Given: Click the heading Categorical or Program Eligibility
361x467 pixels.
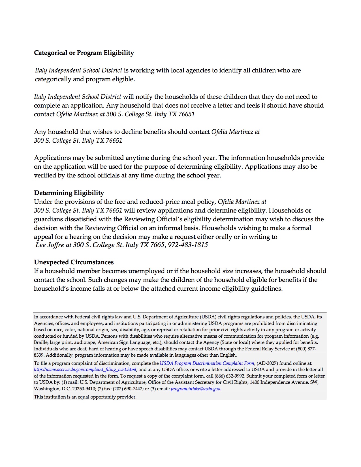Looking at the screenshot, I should click(84, 53).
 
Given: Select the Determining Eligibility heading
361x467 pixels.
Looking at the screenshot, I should click(69, 193).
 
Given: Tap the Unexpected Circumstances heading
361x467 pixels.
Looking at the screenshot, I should click(74, 262).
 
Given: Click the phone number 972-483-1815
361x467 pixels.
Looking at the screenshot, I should click(188, 245).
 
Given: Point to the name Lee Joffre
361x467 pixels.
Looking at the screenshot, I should click(50, 245).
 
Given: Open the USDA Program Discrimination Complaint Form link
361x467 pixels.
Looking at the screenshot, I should click(207, 363).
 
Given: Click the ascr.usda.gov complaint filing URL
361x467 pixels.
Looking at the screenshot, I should click(85, 370).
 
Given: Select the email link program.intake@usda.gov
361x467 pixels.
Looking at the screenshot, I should click(196, 389).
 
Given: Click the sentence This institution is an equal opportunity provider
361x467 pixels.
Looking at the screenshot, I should click(85, 397).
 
